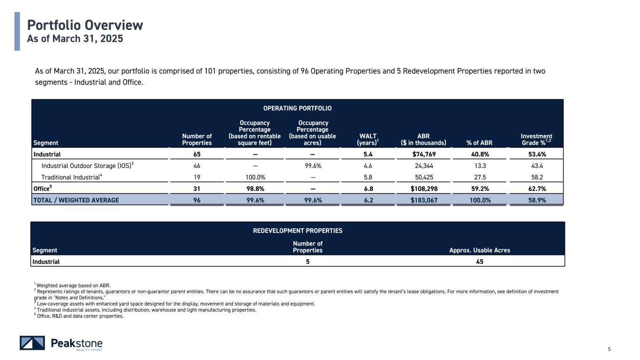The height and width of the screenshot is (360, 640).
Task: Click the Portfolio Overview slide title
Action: click(85, 25)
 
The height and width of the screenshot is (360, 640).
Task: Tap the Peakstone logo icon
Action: click(32, 343)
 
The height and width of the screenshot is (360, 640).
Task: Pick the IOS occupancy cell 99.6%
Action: click(312, 165)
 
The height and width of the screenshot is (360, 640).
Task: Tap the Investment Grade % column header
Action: click(536, 139)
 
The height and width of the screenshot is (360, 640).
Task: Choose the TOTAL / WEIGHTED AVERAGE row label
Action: click(75, 200)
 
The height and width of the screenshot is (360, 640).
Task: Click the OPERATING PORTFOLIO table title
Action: click(297, 108)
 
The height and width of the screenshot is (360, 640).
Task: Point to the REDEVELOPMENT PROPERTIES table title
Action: click(298, 231)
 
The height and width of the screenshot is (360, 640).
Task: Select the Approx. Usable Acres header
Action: click(479, 250)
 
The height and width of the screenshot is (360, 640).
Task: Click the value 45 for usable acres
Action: click(480, 262)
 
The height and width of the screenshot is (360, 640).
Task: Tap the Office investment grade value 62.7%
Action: click(536, 188)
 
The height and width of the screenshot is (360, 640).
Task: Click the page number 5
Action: click(609, 349)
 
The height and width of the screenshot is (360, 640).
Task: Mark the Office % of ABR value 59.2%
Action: click(480, 188)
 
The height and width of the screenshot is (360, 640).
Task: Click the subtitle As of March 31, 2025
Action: click(75, 39)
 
